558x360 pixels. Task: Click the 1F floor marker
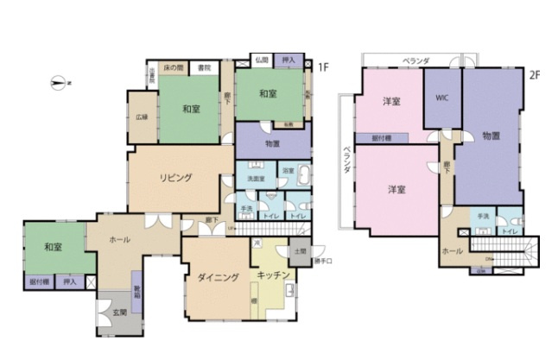point(322,66)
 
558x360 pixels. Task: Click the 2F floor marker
point(534,75)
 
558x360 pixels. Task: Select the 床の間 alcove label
point(174,67)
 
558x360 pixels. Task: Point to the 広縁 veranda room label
point(142,117)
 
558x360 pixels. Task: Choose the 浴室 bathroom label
point(288,171)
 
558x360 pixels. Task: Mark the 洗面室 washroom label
point(256,179)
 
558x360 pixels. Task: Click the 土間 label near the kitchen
point(299,250)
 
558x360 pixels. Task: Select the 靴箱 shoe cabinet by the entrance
point(136,291)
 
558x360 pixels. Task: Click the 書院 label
point(205,67)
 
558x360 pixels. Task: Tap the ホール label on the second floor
point(452,251)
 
